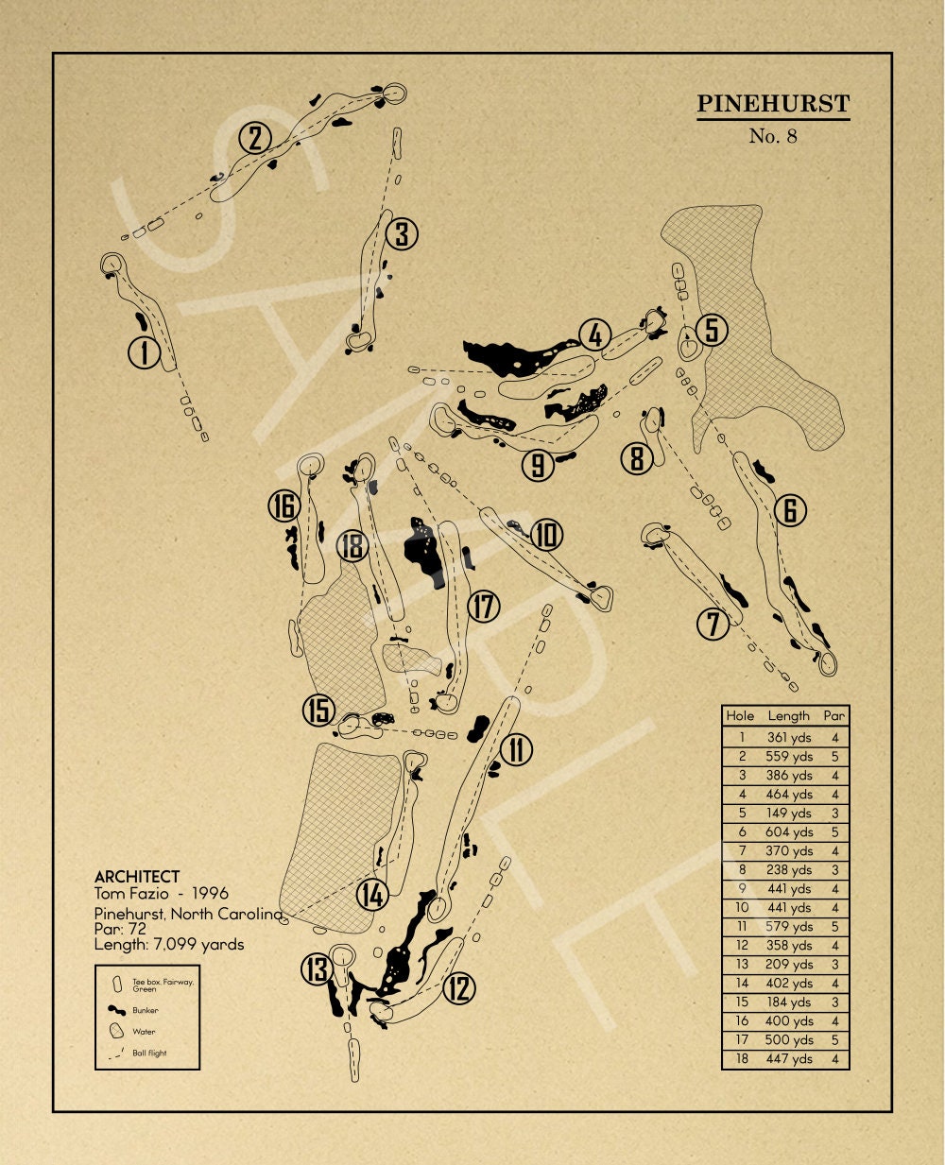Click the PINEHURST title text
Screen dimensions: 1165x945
(773, 104)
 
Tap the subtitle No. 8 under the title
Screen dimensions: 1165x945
(773, 136)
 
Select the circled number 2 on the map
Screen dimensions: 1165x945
(255, 139)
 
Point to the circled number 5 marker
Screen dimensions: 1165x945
(713, 330)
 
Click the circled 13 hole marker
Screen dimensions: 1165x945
(318, 969)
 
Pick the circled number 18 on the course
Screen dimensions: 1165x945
(352, 546)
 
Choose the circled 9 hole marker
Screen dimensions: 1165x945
(538, 464)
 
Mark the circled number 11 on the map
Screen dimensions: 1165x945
(516, 750)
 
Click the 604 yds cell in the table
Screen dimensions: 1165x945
(789, 832)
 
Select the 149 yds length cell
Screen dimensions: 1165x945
(789, 814)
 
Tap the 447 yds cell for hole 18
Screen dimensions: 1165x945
(789, 1059)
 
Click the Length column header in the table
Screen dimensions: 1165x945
(788, 716)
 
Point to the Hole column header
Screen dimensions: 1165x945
(740, 716)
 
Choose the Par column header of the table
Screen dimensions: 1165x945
(833, 716)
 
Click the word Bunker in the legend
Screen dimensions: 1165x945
(146, 1010)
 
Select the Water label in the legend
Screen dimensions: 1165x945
(144, 1032)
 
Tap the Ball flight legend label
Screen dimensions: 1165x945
(149, 1053)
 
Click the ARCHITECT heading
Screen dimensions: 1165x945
(137, 877)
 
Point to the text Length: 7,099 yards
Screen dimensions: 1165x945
(169, 944)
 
